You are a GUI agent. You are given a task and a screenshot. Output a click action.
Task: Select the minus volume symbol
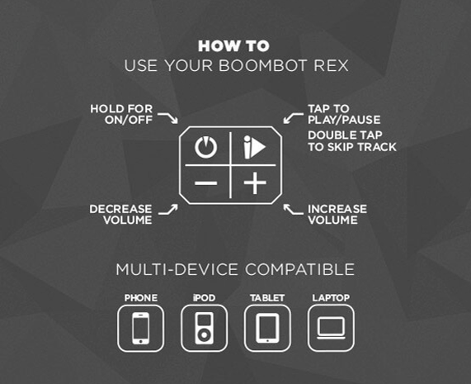point(205,183)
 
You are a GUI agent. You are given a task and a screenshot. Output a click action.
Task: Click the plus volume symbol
point(255,183)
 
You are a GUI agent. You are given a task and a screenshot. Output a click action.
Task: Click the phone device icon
point(140,328)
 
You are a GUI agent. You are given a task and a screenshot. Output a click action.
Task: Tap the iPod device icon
point(204,328)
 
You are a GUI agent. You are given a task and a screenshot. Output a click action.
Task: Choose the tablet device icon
point(267,328)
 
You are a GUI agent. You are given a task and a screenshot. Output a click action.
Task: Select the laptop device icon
point(331,328)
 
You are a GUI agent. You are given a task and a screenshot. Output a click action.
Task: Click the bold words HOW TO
point(233,46)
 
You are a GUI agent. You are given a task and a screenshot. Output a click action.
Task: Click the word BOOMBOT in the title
point(263,65)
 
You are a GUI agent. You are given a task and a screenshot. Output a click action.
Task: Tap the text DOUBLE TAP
point(345,135)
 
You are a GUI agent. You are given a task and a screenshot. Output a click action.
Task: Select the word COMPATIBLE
point(299,269)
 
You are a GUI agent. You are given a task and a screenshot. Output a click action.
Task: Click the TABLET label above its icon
point(267,298)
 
